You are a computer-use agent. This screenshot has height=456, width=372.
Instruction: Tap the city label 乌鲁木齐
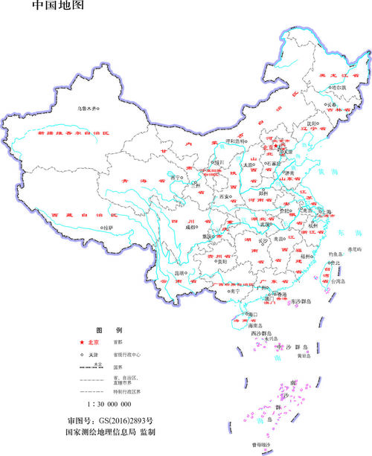[x=89, y=109]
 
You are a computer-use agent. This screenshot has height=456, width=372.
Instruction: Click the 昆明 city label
[x=179, y=272]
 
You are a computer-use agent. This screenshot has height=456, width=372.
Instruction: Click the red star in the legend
[x=82, y=342]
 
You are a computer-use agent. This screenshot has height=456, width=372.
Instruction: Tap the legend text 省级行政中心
[x=126, y=355]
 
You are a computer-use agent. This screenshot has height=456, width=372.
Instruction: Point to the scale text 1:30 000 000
[x=109, y=404]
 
